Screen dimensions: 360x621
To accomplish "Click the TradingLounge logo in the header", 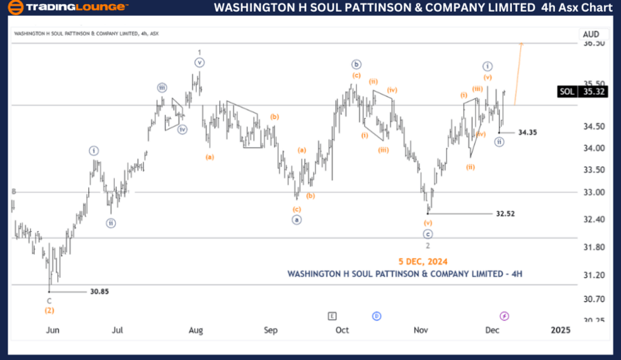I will click(x=67, y=8).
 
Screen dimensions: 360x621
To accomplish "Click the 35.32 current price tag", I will click(x=594, y=91).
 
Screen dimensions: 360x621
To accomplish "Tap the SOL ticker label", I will click(x=566, y=91).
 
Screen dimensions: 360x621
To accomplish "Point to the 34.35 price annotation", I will click(x=528, y=132).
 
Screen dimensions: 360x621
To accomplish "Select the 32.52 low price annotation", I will click(x=505, y=214).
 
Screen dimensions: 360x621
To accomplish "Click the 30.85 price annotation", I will click(x=99, y=292).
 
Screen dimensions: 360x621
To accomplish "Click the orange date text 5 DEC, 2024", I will click(x=422, y=261).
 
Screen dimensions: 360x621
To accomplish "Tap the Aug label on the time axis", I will click(x=196, y=330).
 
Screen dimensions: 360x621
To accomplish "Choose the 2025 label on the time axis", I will click(x=560, y=330).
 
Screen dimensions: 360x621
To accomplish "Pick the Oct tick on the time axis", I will click(x=342, y=330).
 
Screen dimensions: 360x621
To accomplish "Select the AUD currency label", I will click(x=591, y=34).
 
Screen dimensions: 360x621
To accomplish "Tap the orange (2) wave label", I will click(x=50, y=310).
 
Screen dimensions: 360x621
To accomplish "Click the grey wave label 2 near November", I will click(x=428, y=246).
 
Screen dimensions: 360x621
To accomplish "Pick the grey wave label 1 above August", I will click(x=199, y=52).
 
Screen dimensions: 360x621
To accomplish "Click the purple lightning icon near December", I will click(x=504, y=316).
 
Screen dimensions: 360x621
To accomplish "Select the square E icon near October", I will click(x=333, y=316).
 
